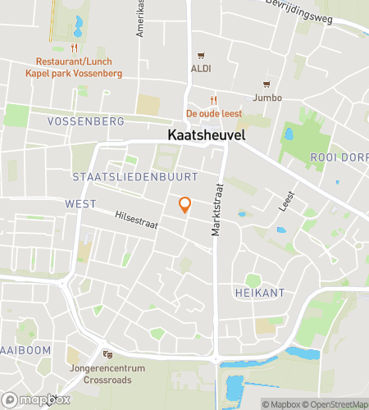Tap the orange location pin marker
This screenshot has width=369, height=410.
[185, 205]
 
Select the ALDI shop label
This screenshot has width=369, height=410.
[201, 68]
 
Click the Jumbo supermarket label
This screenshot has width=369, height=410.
[267, 98]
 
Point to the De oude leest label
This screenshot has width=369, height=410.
[214, 113]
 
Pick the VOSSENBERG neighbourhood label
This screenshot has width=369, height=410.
[85, 121]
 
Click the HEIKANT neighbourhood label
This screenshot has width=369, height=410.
[253, 292]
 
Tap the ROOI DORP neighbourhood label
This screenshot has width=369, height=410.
[338, 158]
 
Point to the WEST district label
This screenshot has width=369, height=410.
[80, 203]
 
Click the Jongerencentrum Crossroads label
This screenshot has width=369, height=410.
[107, 375]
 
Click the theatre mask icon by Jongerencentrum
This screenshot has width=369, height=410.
[107, 353]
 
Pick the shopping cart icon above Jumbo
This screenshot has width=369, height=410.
[266, 84]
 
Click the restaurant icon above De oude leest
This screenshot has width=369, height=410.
[214, 99]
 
